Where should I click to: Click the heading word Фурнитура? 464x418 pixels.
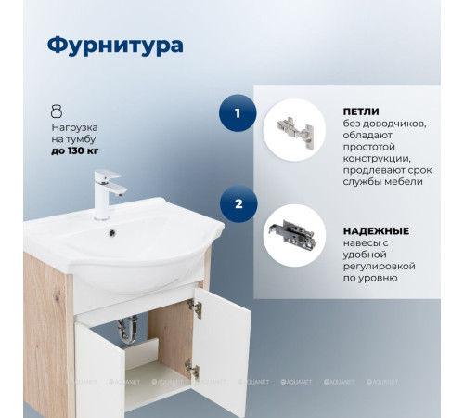(115, 45)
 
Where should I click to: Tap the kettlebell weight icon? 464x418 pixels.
(57, 110)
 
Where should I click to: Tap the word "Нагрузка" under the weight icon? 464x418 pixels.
(75, 126)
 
